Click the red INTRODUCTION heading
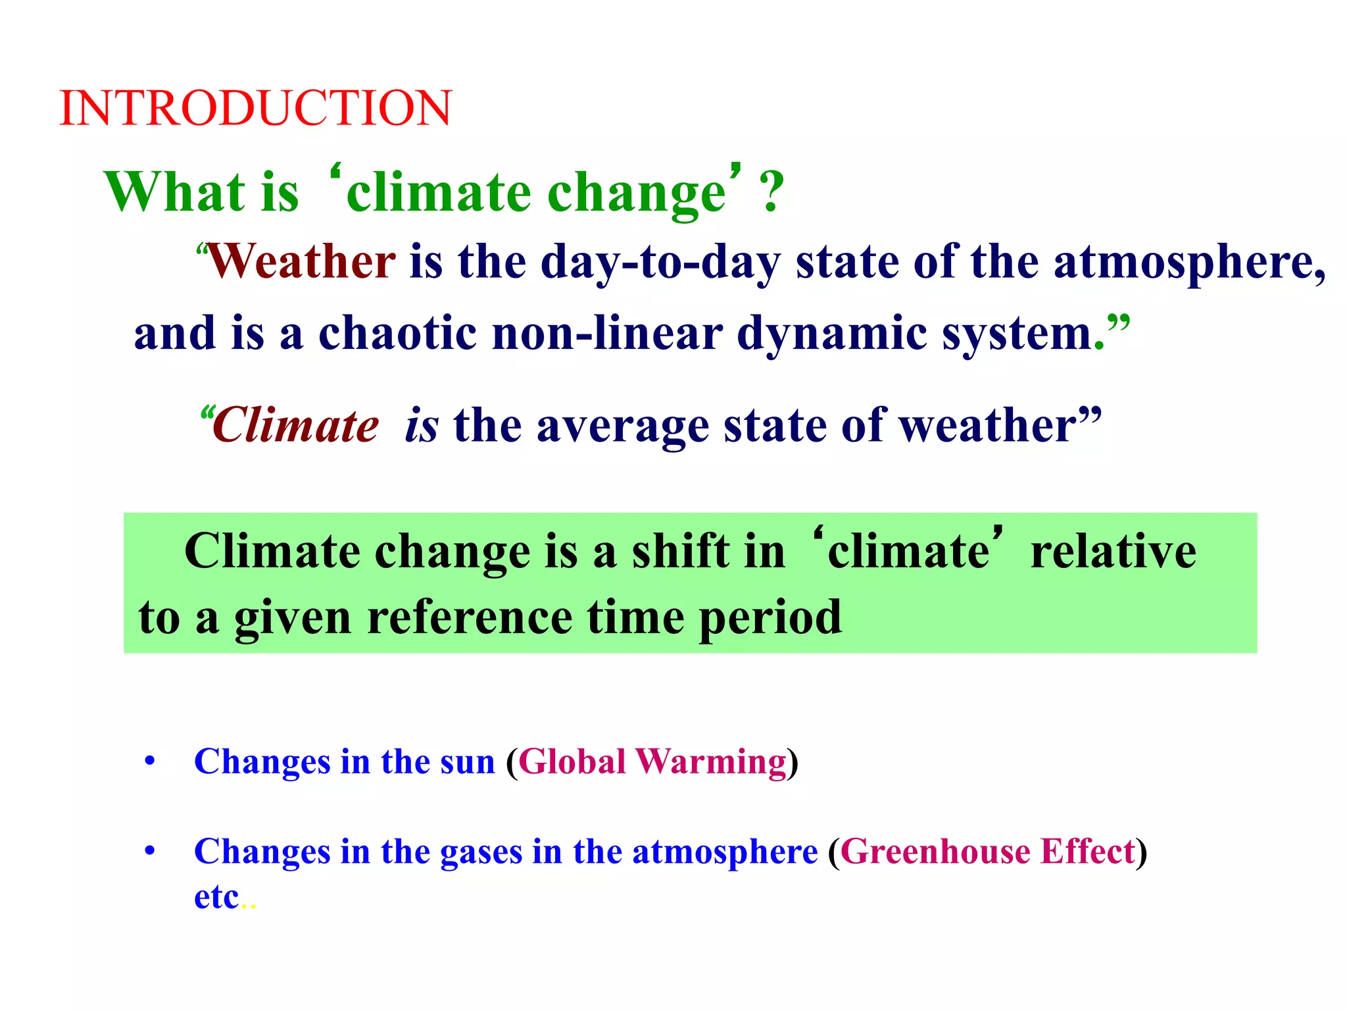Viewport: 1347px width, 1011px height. pyautogui.click(x=255, y=108)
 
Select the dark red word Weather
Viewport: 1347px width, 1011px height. pyautogui.click(x=302, y=262)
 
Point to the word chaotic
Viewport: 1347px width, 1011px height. pyautogui.click(x=397, y=334)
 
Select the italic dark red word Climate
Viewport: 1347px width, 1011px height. pyautogui.click(x=295, y=426)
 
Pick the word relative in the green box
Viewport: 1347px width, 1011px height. pyautogui.click(x=1113, y=551)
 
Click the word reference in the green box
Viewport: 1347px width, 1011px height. pyautogui.click(x=469, y=618)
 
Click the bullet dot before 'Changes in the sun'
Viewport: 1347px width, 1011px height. pyautogui.click(x=150, y=762)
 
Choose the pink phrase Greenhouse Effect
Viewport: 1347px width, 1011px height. pyautogui.click(x=987, y=852)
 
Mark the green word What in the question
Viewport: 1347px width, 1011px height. pyautogui.click(x=174, y=192)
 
